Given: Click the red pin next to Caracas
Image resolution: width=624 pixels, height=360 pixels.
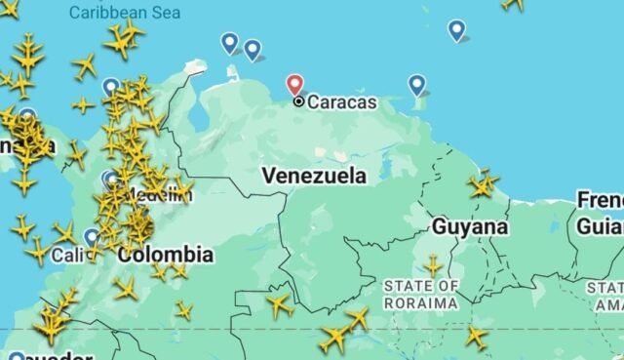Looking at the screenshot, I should (x=294, y=85).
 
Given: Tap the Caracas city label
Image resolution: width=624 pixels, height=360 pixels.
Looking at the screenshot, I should (x=342, y=101).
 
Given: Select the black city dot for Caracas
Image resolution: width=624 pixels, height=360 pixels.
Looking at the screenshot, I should (x=298, y=100).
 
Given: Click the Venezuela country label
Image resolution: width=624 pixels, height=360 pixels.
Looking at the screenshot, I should (x=314, y=176).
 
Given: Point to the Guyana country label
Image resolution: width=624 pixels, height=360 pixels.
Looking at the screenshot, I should (x=469, y=226).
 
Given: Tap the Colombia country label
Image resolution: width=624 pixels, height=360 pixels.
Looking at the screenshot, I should (x=165, y=255).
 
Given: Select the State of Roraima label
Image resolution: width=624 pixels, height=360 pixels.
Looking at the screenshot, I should (x=421, y=294).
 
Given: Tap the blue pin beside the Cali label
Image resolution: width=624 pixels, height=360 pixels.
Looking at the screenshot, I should (x=92, y=236).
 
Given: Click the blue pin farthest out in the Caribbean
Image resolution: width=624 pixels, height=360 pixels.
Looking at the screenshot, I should (x=456, y=30).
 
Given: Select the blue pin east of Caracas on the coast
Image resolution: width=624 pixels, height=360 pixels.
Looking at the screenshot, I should (x=417, y=85).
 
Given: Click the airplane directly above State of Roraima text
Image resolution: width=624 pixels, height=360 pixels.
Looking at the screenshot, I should (x=433, y=265).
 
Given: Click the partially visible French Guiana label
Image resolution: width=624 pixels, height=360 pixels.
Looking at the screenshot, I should (x=599, y=213).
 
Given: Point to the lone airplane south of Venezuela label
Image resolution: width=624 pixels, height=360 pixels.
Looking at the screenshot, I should (x=279, y=304).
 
